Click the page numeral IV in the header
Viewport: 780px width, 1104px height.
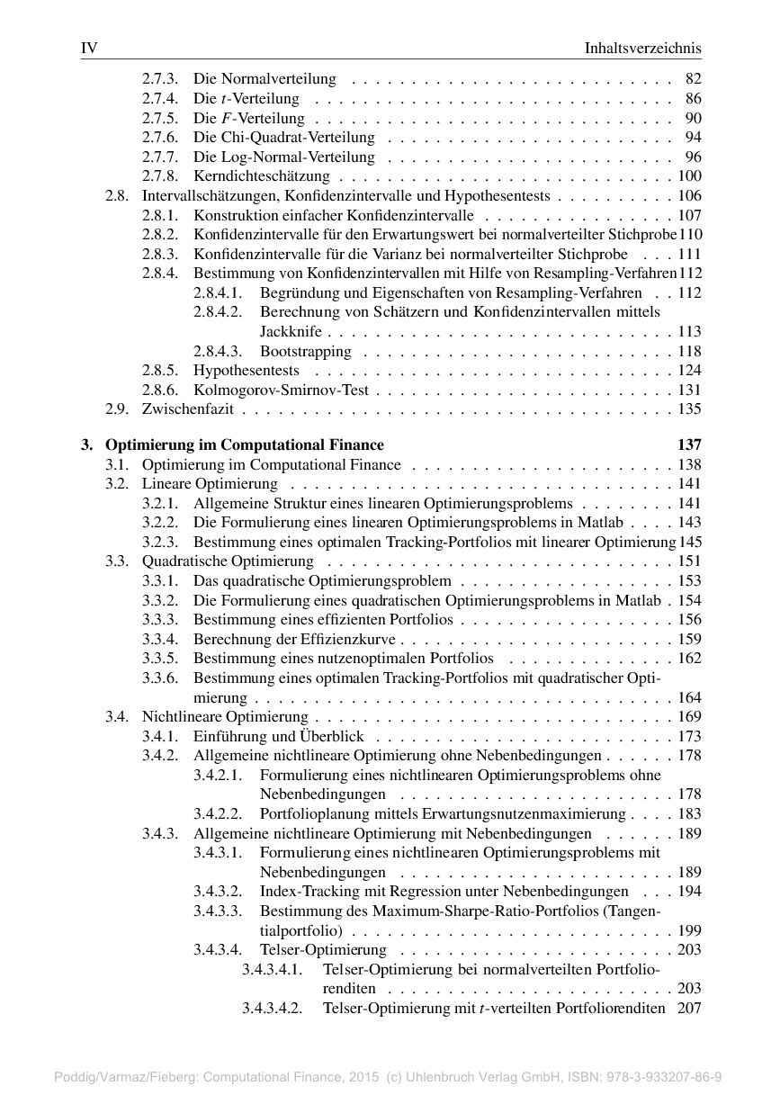click(88, 48)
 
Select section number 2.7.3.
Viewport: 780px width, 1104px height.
click(159, 79)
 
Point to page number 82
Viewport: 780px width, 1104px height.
click(693, 79)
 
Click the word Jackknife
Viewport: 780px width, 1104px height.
click(291, 332)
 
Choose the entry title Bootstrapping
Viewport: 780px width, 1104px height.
click(306, 351)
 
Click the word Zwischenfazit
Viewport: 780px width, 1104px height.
click(188, 409)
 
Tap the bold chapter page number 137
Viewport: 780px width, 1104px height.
click(688, 444)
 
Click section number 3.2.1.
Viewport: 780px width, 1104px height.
click(159, 504)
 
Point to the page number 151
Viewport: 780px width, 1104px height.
click(689, 561)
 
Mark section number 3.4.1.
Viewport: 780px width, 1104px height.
click(159, 736)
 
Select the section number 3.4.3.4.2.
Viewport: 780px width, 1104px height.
click(271, 1008)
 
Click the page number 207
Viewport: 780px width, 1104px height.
click(689, 1008)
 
